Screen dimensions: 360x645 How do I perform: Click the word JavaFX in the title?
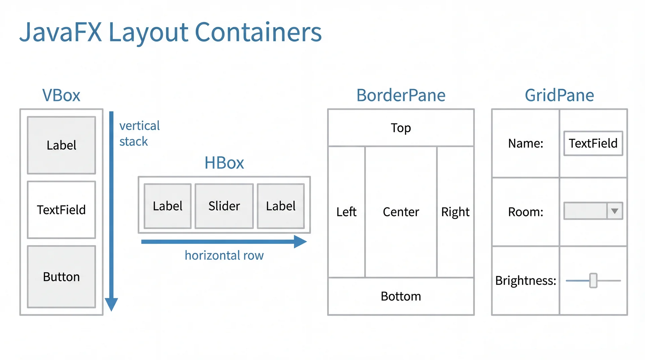60,32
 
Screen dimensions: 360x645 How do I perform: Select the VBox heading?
61,95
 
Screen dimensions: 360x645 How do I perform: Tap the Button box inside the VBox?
61,277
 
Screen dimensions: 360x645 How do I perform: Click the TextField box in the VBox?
61,210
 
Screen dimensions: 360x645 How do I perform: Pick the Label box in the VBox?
61,145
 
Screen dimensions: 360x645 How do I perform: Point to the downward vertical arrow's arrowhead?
111,304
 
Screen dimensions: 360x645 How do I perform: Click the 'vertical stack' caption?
139,133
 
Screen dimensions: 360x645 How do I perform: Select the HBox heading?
224,163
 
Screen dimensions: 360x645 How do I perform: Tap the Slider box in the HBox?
224,206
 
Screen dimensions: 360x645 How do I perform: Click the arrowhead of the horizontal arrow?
300,242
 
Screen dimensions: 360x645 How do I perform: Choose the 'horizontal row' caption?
224,256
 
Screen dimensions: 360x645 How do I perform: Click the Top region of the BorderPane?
401,128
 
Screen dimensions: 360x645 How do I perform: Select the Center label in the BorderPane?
401,212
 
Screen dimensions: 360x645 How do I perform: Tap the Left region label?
346,212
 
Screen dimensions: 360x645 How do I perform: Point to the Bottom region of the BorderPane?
401,296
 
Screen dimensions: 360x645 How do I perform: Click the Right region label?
455,212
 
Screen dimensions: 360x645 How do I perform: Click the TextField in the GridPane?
593,143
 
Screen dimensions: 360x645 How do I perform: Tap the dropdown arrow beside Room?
615,211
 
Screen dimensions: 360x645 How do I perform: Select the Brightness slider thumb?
594,280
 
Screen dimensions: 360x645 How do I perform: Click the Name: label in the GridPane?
525,143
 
